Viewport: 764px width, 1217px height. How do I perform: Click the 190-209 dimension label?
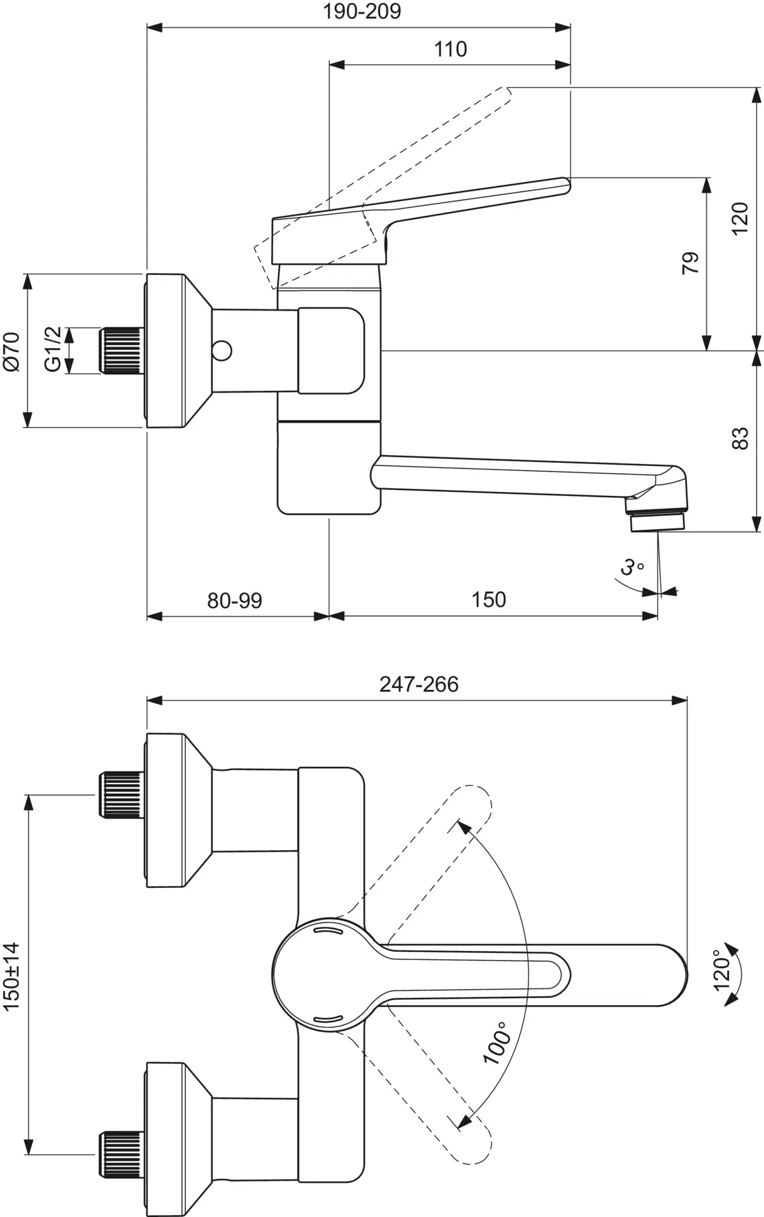(x=362, y=11)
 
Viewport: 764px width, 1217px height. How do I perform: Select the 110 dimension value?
(x=450, y=49)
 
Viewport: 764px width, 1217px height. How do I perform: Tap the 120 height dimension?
(x=740, y=218)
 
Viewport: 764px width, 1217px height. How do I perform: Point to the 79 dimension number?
(x=691, y=262)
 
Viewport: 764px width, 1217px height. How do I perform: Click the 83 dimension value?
(x=740, y=439)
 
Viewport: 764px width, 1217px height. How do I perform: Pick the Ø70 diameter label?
(x=12, y=351)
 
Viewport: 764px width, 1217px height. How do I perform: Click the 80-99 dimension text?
(x=234, y=600)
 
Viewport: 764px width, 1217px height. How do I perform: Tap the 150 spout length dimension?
(x=488, y=600)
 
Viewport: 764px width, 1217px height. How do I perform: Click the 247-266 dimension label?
(x=418, y=684)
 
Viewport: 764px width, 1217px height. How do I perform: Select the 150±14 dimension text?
(x=12, y=975)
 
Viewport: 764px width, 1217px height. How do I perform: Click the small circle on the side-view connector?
(x=223, y=350)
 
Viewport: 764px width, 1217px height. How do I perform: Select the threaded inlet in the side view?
(x=121, y=349)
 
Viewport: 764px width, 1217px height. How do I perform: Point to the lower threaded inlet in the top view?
(x=121, y=1153)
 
